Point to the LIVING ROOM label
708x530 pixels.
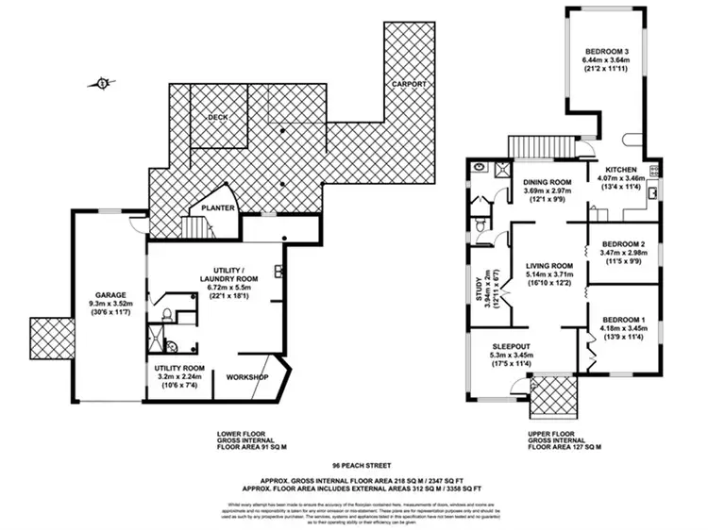point(549,266)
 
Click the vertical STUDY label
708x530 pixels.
point(480,284)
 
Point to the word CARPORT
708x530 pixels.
point(410,85)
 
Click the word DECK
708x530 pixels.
point(219,118)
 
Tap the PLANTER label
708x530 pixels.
point(218,207)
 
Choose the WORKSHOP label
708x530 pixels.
point(248,378)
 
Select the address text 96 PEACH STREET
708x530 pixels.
point(354,466)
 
